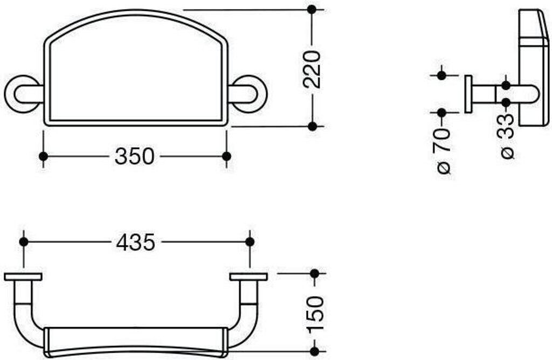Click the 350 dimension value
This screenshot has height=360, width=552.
point(134,156)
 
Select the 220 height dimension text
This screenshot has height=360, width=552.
point(312,70)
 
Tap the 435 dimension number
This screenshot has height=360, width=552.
point(135,242)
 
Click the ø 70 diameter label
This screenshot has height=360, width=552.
point(443,150)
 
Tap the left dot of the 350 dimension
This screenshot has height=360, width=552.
point(43,156)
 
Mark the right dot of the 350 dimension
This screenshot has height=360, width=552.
point(227,156)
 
